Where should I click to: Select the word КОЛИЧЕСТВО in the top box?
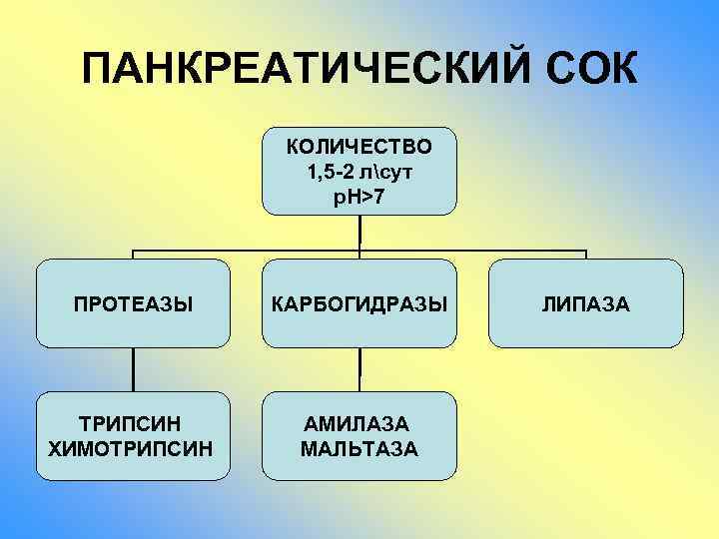tap(359, 147)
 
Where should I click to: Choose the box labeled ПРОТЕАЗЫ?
tap(134, 302)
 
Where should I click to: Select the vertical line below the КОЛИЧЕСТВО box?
tap(359, 231)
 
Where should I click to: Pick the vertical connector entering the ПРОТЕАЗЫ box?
tap(134, 255)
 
